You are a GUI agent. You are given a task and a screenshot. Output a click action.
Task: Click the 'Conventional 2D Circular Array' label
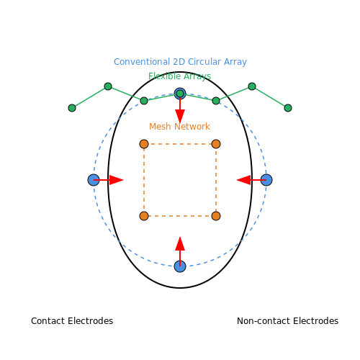pyautogui.click(x=180, y=62)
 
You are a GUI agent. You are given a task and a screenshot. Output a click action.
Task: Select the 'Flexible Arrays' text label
pyautogui.click(x=180, y=76)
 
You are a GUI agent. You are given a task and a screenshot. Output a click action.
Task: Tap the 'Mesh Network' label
pyautogui.click(x=179, y=127)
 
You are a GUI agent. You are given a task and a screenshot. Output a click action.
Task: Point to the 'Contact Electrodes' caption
pyautogui.click(x=72, y=321)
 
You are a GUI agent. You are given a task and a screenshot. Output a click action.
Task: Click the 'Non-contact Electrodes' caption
pyautogui.click(x=287, y=321)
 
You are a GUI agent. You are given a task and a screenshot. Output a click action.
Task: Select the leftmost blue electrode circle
pyautogui.click(x=94, y=180)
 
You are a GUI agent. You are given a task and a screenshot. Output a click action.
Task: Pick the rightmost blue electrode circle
pyautogui.click(x=266, y=180)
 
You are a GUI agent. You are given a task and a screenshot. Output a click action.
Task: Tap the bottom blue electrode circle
pyautogui.click(x=180, y=266)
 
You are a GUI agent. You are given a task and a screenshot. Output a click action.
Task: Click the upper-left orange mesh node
pyautogui.click(x=144, y=144)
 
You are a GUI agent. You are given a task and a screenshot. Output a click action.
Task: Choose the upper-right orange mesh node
pyautogui.click(x=216, y=144)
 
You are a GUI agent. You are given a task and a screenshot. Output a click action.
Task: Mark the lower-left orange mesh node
pyautogui.click(x=144, y=216)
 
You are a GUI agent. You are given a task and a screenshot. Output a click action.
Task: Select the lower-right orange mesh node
pyautogui.click(x=216, y=216)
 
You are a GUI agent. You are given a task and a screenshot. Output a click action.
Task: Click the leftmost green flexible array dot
pyautogui.click(x=72, y=108)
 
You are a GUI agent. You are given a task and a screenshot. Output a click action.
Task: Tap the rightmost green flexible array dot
pyautogui.click(x=288, y=108)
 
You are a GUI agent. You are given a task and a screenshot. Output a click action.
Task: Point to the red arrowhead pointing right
pyautogui.click(x=117, y=180)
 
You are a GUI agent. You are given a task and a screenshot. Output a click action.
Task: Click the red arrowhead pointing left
pyautogui.click(x=243, y=180)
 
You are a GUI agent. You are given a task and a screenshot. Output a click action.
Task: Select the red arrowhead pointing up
pyautogui.click(x=180, y=243)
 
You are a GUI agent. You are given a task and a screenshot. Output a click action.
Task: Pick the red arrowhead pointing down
pyautogui.click(x=180, y=117)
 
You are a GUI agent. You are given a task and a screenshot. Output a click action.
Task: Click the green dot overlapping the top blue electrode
pyautogui.click(x=180, y=94)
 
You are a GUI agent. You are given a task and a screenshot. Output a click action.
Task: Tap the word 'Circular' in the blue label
pyautogui.click(x=204, y=62)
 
